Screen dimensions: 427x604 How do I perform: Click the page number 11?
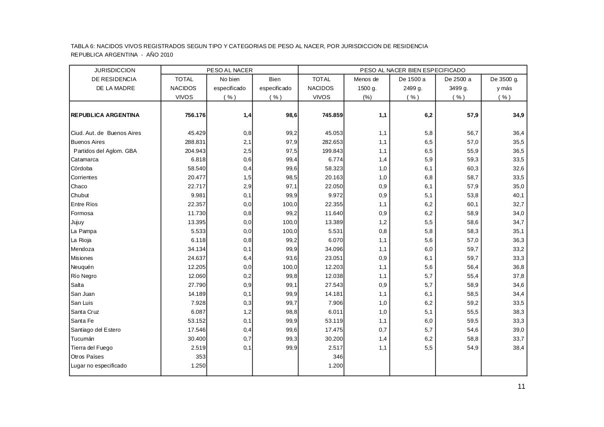tap(521, 387)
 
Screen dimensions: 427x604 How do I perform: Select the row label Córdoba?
tap(82, 168)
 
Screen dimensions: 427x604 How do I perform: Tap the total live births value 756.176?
tap(195, 115)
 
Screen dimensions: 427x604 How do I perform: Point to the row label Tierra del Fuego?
tap(92, 348)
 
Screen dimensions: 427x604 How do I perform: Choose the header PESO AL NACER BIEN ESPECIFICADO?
tap(412, 70)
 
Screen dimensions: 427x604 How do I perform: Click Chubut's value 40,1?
tap(518, 195)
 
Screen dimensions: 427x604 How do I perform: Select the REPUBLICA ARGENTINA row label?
tap(105, 115)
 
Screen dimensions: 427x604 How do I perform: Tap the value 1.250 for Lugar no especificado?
tap(198, 366)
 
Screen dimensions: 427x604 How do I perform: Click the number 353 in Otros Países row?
tap(200, 357)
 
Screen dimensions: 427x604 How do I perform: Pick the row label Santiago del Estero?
tap(96, 330)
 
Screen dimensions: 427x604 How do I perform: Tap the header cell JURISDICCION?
tap(115, 70)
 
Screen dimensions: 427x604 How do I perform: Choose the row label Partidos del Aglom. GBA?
tap(105, 151)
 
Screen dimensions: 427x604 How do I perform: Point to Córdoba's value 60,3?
tap(472, 168)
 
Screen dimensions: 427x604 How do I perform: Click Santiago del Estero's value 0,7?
tap(382, 330)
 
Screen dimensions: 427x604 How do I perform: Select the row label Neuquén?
tap(82, 267)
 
